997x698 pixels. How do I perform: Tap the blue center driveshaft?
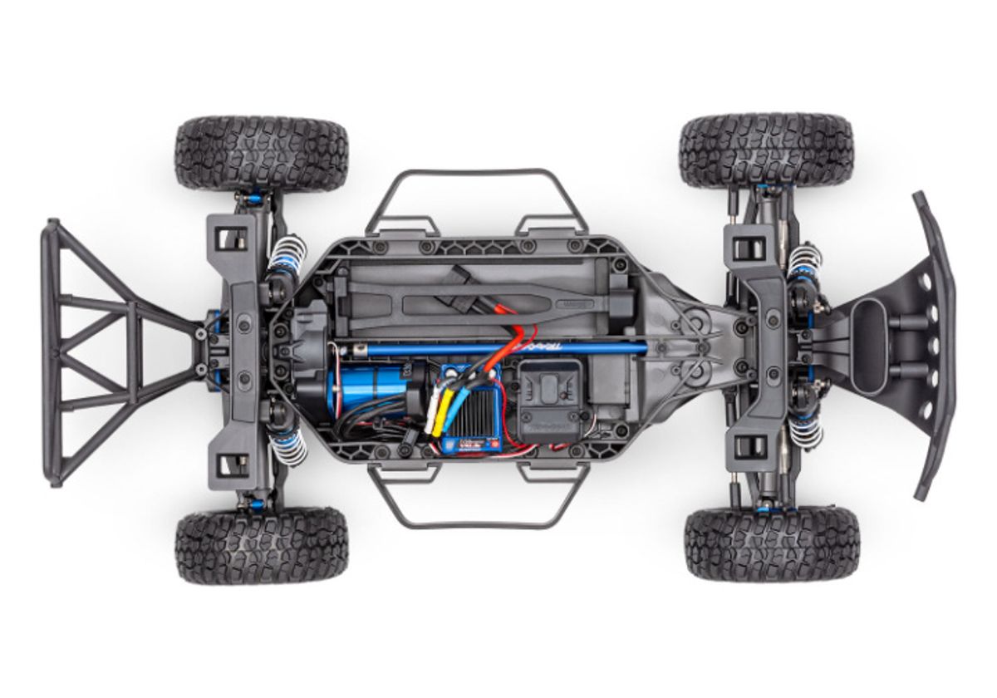[498, 347]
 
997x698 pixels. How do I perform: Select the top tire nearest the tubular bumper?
[261, 155]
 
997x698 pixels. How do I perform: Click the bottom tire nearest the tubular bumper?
[261, 546]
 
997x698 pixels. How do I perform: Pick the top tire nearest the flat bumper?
[766, 151]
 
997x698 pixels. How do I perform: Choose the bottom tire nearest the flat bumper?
[771, 544]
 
